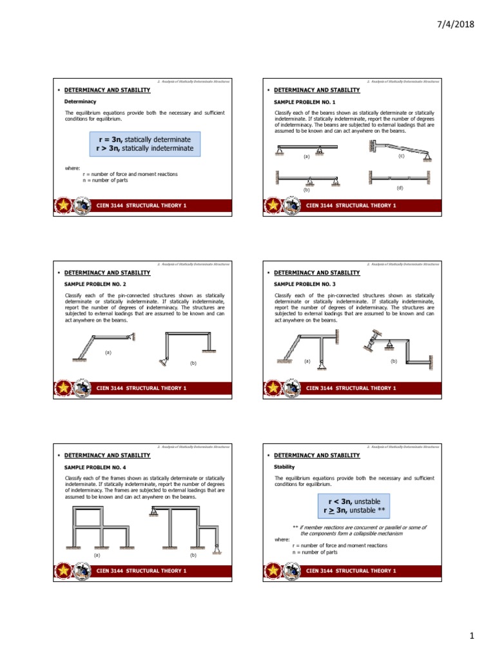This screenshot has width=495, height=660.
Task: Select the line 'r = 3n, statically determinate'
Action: point(144,139)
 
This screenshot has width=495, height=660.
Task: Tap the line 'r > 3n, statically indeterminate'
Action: point(144,148)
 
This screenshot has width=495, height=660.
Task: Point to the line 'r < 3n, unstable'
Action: point(351,501)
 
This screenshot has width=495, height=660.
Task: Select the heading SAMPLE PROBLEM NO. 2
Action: point(96,284)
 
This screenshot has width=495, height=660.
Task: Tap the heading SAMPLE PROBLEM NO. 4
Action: point(96,467)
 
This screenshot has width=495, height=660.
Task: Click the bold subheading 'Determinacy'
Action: point(81,102)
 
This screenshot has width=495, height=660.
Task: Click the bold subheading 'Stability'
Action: point(284,467)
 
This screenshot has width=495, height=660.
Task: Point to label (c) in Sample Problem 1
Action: point(401,156)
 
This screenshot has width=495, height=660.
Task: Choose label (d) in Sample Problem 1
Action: point(400,188)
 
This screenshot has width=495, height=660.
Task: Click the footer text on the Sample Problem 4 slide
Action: point(141,570)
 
